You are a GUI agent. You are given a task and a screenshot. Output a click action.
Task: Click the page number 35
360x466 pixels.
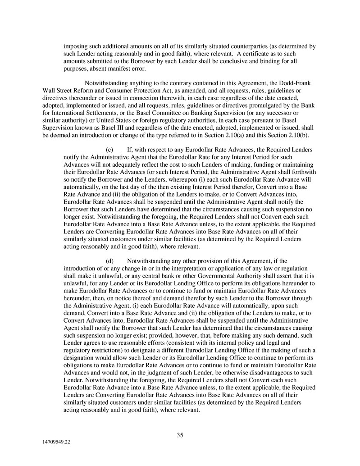click(x=180, y=435)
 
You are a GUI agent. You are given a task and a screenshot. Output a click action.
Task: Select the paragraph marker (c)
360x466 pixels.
click(x=109, y=149)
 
